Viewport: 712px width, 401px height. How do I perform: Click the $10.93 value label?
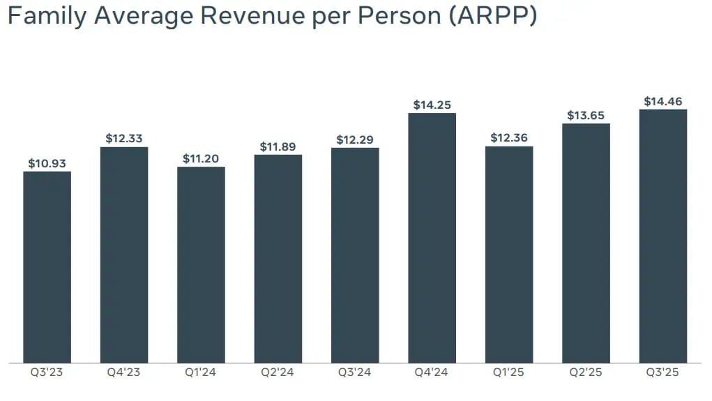(47, 163)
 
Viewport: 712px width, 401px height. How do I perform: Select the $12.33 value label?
(124, 139)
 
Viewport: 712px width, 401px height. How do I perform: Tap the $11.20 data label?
(201, 158)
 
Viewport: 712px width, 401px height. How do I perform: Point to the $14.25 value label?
(432, 105)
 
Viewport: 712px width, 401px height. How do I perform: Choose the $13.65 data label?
(586, 116)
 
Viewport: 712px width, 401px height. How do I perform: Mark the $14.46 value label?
(662, 101)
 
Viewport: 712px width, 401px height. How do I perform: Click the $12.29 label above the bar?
(355, 139)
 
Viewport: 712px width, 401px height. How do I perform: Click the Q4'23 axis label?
(124, 372)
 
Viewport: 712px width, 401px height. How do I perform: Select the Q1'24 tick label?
(201, 372)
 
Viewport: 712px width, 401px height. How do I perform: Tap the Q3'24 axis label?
(355, 372)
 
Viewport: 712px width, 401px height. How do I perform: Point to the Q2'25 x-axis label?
(586, 372)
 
